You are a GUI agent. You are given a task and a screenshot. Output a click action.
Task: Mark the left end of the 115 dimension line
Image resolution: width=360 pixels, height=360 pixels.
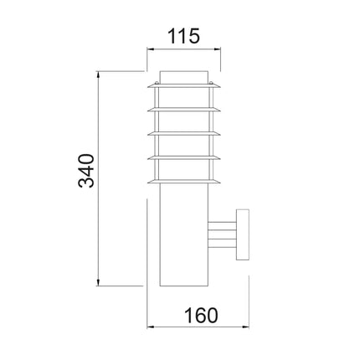[147, 51]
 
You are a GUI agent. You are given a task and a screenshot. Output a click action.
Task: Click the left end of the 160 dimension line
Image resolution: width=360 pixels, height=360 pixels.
[148, 327]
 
